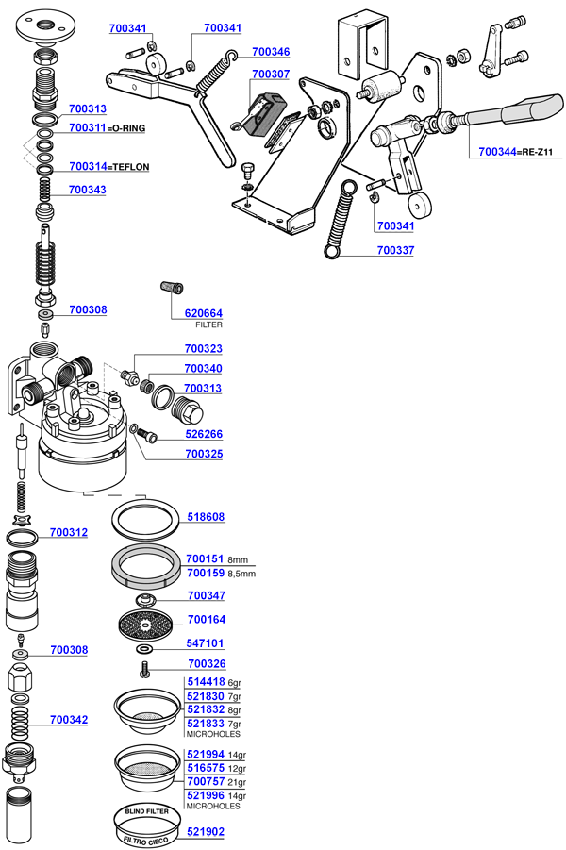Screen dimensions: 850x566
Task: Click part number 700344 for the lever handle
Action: (498, 151)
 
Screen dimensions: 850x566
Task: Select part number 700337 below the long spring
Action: (395, 250)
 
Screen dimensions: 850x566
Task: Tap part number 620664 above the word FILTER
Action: (203, 313)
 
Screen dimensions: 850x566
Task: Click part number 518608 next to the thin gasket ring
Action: (207, 517)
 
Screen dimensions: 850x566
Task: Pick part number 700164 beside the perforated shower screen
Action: (207, 620)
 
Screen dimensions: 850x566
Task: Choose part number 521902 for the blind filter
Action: (207, 831)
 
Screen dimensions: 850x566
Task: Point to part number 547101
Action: (207, 642)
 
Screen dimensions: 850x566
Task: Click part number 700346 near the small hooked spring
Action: (271, 52)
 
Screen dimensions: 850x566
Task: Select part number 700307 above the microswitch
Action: (271, 74)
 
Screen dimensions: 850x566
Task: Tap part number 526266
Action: (203, 435)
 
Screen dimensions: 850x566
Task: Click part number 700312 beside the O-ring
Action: (69, 533)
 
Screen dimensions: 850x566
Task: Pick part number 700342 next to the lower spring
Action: (69, 720)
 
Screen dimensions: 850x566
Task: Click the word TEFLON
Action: (132, 166)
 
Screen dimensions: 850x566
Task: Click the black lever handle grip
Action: (514, 110)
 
